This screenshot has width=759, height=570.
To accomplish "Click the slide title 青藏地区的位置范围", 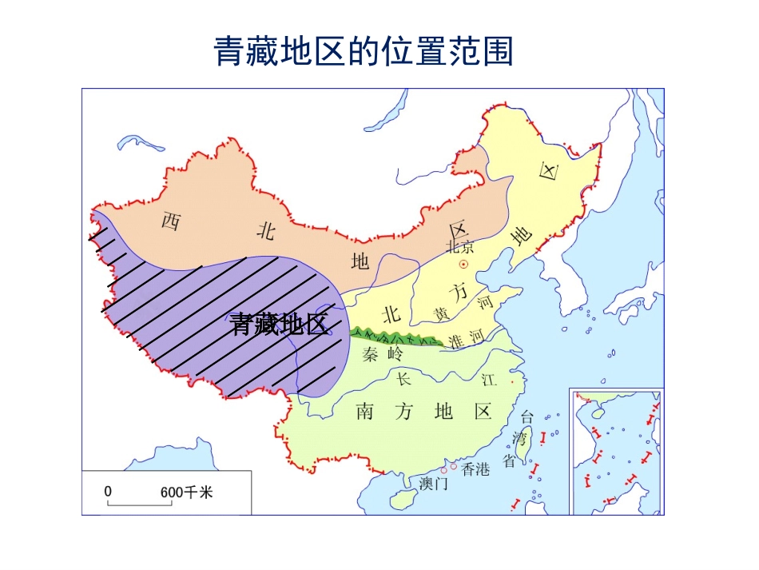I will [x=364, y=52].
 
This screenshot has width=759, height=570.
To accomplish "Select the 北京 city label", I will [x=460, y=247].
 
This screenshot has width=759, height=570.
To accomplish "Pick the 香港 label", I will [x=475, y=469].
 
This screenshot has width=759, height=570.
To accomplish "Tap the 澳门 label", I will [x=433, y=484].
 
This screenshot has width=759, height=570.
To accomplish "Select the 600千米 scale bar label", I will [x=187, y=492].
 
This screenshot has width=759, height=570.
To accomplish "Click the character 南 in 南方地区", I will [x=365, y=412].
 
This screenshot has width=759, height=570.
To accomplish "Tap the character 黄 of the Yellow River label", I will [x=441, y=313].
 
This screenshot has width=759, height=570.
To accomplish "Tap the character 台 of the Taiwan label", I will [x=527, y=417].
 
